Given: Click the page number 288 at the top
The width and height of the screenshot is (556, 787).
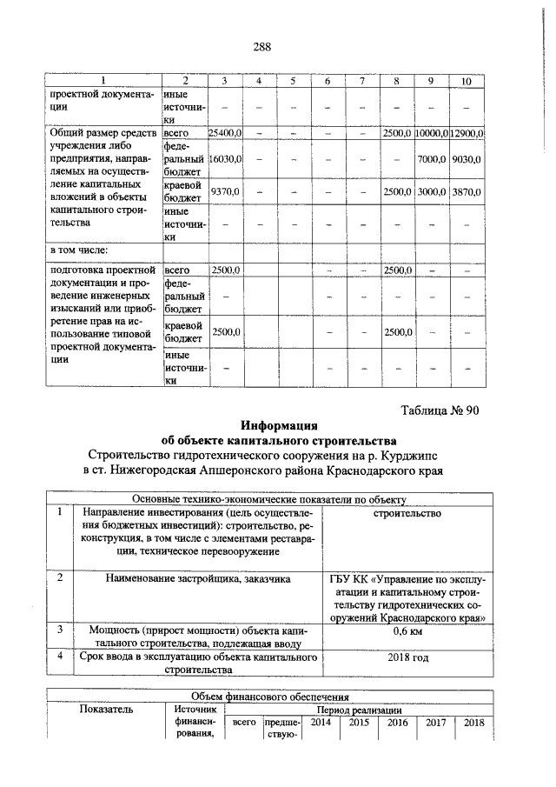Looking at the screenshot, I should coord(262,48).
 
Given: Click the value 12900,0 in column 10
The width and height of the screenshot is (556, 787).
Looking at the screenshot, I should coord(467,132).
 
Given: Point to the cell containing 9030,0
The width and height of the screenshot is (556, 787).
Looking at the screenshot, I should coord(467,160).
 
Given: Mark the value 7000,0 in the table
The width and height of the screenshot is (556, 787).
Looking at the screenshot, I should coord(430,160).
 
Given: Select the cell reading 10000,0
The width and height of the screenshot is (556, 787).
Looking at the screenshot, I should coord(430,132).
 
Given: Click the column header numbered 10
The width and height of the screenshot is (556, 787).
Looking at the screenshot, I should coord(467,81).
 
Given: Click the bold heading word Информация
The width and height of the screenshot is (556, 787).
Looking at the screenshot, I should coord(279,425).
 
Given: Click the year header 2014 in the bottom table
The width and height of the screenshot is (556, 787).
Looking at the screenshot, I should coord(321,722).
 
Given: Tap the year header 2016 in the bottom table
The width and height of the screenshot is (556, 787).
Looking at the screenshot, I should coord(397,722).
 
